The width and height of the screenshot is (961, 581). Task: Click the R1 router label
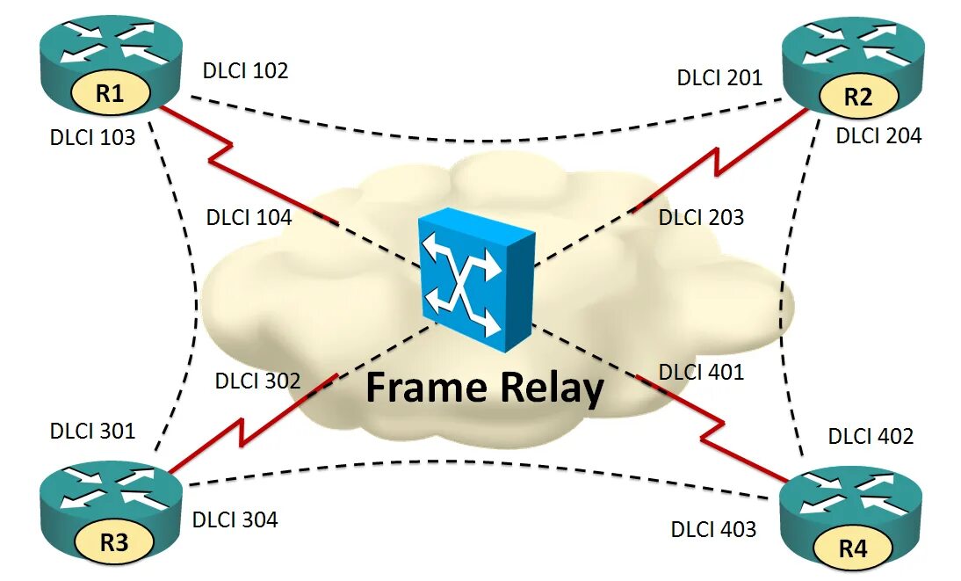tap(109, 93)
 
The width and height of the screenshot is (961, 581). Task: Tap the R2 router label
tap(857, 98)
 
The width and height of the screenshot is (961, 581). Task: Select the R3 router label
tap(114, 542)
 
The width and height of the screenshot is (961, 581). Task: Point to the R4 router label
tap(852, 550)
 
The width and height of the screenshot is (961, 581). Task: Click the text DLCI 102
tap(245, 71)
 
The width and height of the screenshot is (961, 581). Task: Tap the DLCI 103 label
tap(93, 136)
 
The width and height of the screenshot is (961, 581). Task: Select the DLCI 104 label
tap(249, 217)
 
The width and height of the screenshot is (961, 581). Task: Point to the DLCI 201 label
tap(719, 77)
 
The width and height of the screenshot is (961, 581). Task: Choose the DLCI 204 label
tap(878, 135)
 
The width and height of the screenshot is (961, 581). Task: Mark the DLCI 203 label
tap(701, 217)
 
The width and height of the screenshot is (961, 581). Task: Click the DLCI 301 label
tap(93, 431)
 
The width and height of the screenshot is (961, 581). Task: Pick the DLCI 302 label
tap(257, 381)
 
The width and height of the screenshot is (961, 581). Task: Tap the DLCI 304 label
tap(235, 519)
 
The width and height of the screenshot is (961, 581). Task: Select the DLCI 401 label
tap(701, 372)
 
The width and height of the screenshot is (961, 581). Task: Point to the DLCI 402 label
tap(871, 436)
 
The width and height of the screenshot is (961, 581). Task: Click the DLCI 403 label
tap(713, 529)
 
